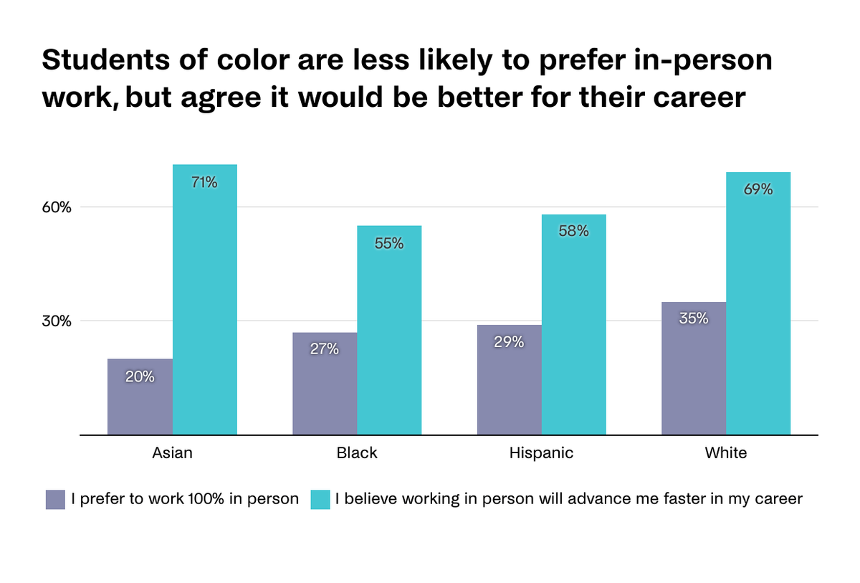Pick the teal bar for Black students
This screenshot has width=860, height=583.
point(389,330)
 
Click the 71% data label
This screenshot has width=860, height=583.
point(204,183)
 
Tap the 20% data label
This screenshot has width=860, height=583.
point(140,376)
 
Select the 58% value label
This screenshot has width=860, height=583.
point(573,232)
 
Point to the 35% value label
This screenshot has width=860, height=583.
point(693,318)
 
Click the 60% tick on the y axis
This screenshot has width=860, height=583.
point(55,208)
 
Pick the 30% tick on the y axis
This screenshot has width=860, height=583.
point(55,321)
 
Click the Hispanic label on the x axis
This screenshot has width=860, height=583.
point(541,453)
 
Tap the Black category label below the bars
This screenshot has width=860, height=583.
point(356,453)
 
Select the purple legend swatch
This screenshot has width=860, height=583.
point(55,500)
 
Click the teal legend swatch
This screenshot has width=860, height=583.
point(320,500)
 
